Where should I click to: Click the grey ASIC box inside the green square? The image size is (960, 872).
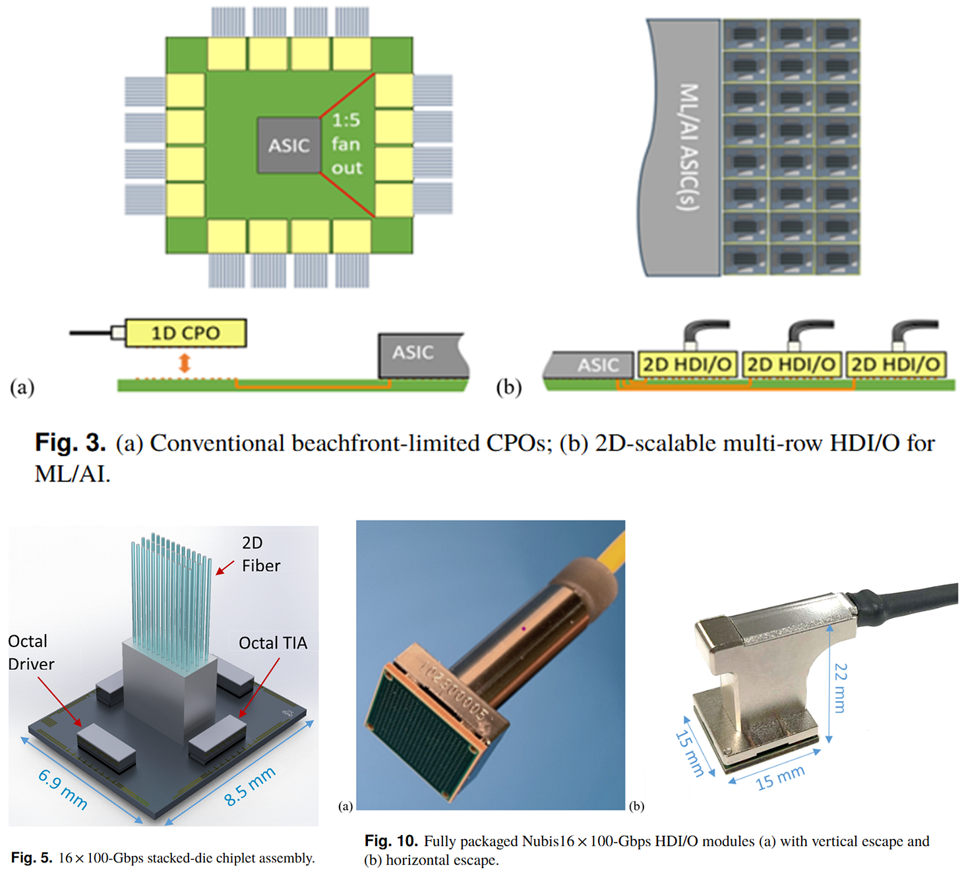(x=289, y=145)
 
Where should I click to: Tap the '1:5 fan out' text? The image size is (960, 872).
(x=346, y=144)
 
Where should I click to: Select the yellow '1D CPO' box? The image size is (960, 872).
(x=185, y=333)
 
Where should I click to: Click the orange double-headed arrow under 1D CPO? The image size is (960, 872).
(x=185, y=363)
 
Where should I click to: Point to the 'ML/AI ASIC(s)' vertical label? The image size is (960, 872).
(x=688, y=146)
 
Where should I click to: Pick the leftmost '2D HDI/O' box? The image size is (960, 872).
(x=686, y=365)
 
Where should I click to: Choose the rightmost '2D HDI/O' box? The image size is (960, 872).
(x=895, y=365)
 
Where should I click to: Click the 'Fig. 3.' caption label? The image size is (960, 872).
(x=70, y=443)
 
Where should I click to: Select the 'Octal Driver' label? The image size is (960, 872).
(x=30, y=652)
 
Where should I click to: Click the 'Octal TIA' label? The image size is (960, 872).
(x=272, y=643)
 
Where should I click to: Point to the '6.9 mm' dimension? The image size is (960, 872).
(x=63, y=788)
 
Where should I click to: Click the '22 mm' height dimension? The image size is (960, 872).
(x=840, y=688)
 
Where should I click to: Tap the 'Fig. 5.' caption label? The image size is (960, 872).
(x=31, y=857)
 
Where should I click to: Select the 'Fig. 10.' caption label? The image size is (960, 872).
(x=391, y=841)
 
